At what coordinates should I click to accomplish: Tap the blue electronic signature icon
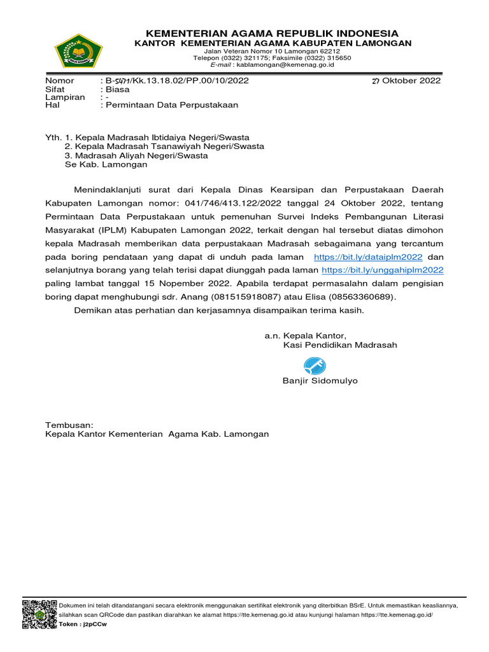[315, 366]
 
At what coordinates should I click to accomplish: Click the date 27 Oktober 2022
[406, 81]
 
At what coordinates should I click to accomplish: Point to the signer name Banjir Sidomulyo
[320, 381]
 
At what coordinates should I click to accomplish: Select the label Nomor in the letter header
[59, 81]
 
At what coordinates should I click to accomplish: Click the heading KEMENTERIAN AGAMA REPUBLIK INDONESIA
[272, 33]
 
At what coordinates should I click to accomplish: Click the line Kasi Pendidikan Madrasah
[340, 345]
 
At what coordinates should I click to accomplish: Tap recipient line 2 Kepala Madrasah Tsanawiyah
[164, 146]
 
